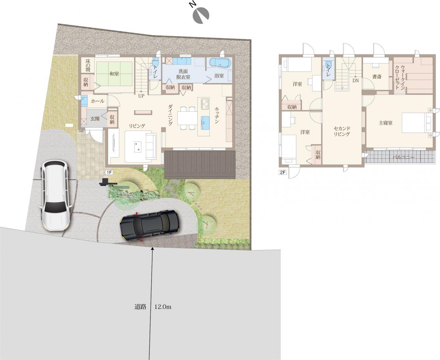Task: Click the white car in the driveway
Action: pyautogui.click(x=55, y=195)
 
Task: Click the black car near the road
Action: pyautogui.click(x=150, y=226)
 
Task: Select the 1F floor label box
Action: pyautogui.click(x=109, y=172)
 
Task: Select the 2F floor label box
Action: pyautogui.click(x=283, y=172)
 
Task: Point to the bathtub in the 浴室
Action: pyautogui.click(x=220, y=63)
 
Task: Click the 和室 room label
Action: pyautogui.click(x=114, y=74)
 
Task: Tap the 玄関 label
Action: pyautogui.click(x=95, y=119)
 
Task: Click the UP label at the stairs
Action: pyautogui.click(x=141, y=96)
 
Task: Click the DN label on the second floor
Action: pyautogui.click(x=355, y=80)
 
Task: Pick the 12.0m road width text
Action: pyautogui.click(x=163, y=307)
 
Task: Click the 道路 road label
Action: pyautogui.click(x=140, y=307)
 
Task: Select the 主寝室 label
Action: pyautogui.click(x=386, y=123)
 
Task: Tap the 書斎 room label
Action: pyautogui.click(x=377, y=77)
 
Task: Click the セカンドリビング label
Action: pyautogui.click(x=342, y=131)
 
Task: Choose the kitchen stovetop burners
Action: pyautogui.click(x=205, y=104)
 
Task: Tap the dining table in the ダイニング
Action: pyautogui.click(x=187, y=118)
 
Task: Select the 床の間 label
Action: pyautogui.click(x=88, y=65)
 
